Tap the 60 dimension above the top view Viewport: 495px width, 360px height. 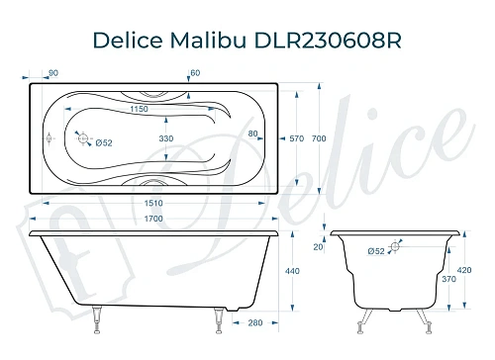[x=195, y=72]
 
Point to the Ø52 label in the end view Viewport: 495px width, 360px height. [x=376, y=252]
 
